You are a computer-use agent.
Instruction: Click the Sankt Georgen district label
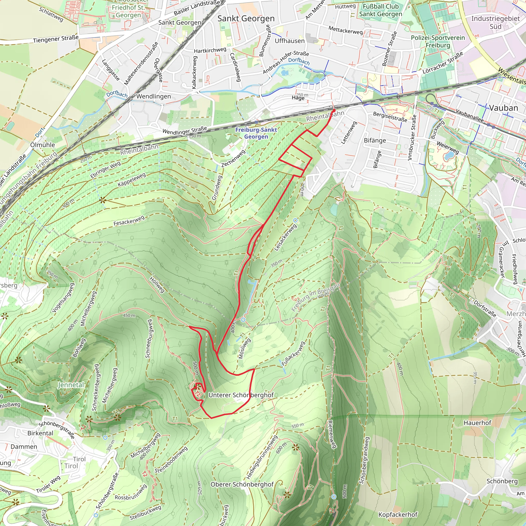246,18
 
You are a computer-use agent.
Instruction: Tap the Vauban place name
503,108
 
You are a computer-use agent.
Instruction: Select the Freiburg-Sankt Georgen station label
256,133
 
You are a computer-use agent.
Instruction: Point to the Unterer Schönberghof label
241,395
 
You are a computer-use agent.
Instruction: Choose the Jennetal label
71,385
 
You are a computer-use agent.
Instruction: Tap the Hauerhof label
477,422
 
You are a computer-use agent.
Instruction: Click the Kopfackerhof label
398,514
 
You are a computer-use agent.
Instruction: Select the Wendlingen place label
154,96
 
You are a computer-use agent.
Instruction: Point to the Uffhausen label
289,41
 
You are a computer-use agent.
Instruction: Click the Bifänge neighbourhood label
375,140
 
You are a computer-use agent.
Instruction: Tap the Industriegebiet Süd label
495,22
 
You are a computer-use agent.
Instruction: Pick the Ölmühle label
43,145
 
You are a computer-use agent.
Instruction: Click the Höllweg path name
157,285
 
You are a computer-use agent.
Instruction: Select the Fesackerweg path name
129,221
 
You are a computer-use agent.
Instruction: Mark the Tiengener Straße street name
56,39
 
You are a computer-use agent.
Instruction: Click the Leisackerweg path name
285,237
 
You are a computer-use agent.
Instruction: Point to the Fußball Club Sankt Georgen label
380,10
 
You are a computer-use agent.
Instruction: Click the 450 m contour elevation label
129,316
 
